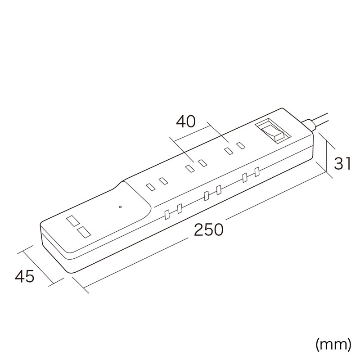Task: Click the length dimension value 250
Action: (x=208, y=229)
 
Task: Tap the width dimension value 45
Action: (x=25, y=276)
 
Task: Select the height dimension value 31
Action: (x=342, y=164)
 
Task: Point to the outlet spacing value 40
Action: (x=186, y=121)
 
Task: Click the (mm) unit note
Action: (x=333, y=345)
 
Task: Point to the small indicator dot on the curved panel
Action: (x=120, y=207)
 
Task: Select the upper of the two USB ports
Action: (x=73, y=220)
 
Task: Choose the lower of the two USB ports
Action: (x=84, y=232)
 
